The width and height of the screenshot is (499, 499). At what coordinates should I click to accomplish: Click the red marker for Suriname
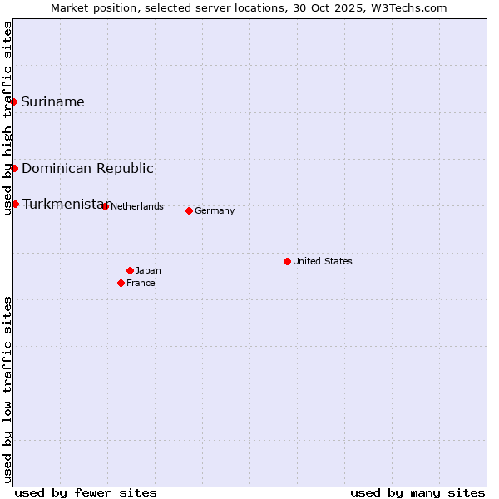point(14,101)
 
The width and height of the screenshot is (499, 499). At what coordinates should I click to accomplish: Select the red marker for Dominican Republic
point(14,168)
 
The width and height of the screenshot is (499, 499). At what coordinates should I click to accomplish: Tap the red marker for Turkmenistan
point(15,204)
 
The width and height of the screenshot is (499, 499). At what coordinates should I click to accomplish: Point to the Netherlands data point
point(105,206)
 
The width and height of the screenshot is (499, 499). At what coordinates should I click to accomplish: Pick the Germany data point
point(189,210)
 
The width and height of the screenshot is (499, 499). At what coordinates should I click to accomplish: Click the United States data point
point(287,261)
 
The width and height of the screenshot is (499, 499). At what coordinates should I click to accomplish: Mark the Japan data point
point(130,270)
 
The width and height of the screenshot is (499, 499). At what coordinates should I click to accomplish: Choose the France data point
point(121,283)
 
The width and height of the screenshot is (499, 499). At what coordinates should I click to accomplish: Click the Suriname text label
point(52,102)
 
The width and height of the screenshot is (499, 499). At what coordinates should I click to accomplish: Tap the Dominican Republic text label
point(87,169)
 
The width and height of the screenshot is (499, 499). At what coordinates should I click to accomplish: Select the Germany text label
point(215,211)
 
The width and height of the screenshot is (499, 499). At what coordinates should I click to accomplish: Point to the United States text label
point(322,262)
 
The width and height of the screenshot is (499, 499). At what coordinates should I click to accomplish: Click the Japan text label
point(148,271)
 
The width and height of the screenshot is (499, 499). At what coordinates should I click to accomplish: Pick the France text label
point(141,284)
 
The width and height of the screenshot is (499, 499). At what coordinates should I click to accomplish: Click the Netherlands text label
point(136,207)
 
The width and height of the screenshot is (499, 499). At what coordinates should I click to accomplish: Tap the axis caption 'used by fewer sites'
point(86,492)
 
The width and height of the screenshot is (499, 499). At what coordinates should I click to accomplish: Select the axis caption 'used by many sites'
point(417,492)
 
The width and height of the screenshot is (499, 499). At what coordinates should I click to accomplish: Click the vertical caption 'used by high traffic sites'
point(8,118)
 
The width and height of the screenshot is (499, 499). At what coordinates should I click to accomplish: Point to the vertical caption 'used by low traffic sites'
point(8,388)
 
